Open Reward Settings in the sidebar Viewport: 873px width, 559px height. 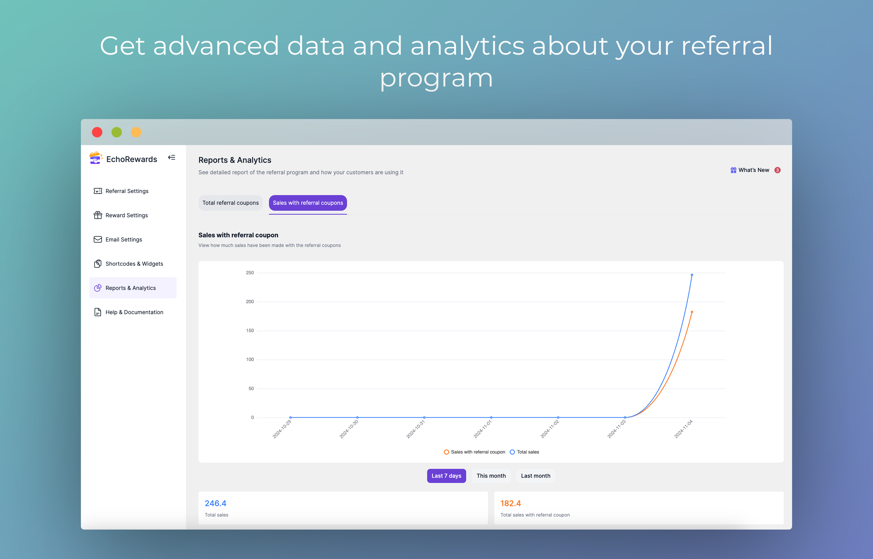click(x=121, y=215)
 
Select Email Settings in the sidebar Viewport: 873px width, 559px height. click(x=118, y=240)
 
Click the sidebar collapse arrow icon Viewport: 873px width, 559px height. click(x=171, y=158)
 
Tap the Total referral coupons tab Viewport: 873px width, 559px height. click(x=230, y=203)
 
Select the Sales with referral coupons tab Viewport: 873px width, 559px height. click(x=308, y=203)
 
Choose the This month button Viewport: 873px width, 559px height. click(x=491, y=476)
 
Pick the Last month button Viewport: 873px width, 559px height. click(x=535, y=476)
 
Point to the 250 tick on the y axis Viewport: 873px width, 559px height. click(x=250, y=273)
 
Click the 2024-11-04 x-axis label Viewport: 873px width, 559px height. click(x=683, y=429)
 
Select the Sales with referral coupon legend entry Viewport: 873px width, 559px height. click(x=474, y=452)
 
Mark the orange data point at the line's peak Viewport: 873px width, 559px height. click(x=692, y=312)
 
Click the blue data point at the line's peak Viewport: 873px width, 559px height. click(x=692, y=275)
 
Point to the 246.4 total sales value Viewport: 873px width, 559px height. click(x=215, y=504)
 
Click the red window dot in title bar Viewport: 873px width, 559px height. click(x=97, y=132)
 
